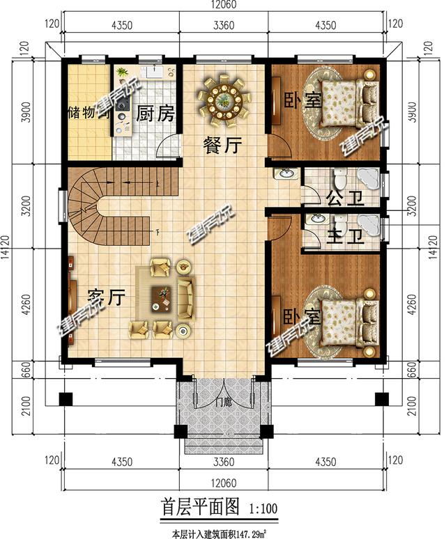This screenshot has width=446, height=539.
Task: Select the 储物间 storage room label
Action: (89, 114)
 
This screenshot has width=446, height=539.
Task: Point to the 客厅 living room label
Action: (107, 298)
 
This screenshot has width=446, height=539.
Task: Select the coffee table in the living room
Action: (164, 297)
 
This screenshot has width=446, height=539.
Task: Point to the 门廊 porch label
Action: (223, 402)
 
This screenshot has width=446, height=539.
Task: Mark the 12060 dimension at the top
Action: (223, 6)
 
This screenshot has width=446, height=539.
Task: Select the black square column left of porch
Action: (65, 399)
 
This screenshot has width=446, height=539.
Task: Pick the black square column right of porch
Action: (381, 399)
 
